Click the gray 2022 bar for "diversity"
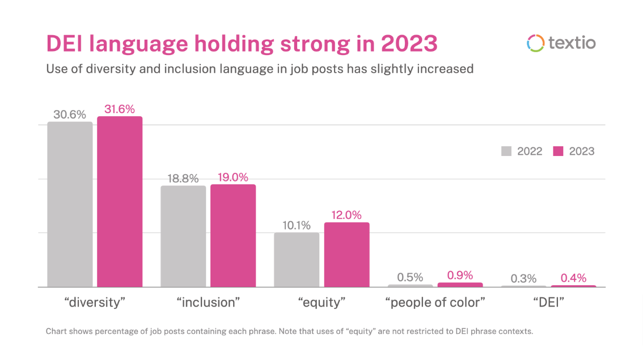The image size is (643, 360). point(70,204)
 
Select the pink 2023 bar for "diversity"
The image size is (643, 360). point(120,201)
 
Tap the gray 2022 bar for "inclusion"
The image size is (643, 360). point(183,236)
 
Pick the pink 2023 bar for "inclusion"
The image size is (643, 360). point(233,235)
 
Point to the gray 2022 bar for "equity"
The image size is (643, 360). point(297,259)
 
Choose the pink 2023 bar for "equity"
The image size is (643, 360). point(346,254)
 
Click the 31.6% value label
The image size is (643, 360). point(120,109)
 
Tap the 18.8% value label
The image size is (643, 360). point(183,179)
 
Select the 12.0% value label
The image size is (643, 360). point(346,215)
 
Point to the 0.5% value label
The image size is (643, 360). point(410,277)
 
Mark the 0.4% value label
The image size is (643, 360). point(574,278)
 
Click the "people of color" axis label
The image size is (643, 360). point(435,302)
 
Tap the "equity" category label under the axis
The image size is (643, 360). point(321,302)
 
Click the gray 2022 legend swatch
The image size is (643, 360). point(506,151)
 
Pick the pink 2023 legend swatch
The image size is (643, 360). point(558,151)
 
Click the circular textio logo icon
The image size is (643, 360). point(535,43)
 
